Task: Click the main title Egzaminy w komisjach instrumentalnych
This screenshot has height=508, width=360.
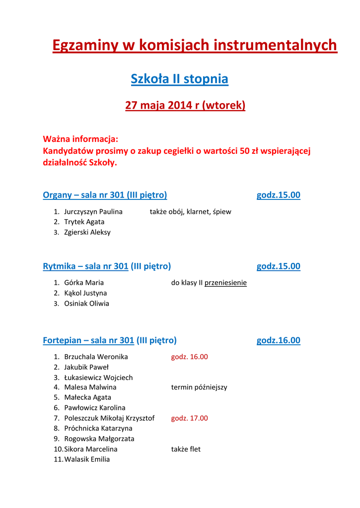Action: tap(195, 46)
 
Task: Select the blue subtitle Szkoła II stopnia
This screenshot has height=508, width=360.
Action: tap(179, 79)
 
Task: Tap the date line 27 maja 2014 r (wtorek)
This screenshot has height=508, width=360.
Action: tap(185, 106)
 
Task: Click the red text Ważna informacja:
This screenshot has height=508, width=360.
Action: tap(80, 138)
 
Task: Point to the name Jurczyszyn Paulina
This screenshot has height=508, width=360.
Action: tap(93, 212)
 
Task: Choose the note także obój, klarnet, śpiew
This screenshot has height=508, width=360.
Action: tap(190, 212)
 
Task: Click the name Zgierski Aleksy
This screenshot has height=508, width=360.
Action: tap(87, 232)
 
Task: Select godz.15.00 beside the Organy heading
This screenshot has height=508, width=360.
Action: tap(278, 195)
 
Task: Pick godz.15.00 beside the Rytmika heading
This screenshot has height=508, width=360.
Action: tap(278, 266)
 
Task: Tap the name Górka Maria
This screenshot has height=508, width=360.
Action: tap(84, 283)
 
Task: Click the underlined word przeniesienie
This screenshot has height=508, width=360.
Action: tap(225, 283)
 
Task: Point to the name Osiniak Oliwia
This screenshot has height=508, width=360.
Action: tap(86, 304)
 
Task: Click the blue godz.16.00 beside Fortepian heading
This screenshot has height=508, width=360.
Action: tap(278, 341)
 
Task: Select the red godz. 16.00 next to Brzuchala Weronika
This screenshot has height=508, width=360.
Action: tap(189, 357)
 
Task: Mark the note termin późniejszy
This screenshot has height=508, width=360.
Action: tap(199, 387)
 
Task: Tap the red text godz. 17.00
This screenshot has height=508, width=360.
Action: tap(189, 418)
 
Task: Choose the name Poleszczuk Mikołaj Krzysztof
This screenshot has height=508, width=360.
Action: tap(109, 418)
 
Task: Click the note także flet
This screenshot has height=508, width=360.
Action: tap(186, 449)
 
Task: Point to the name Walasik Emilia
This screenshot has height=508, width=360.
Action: tap(87, 459)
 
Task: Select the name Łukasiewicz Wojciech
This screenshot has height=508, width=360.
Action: tap(98, 378)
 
